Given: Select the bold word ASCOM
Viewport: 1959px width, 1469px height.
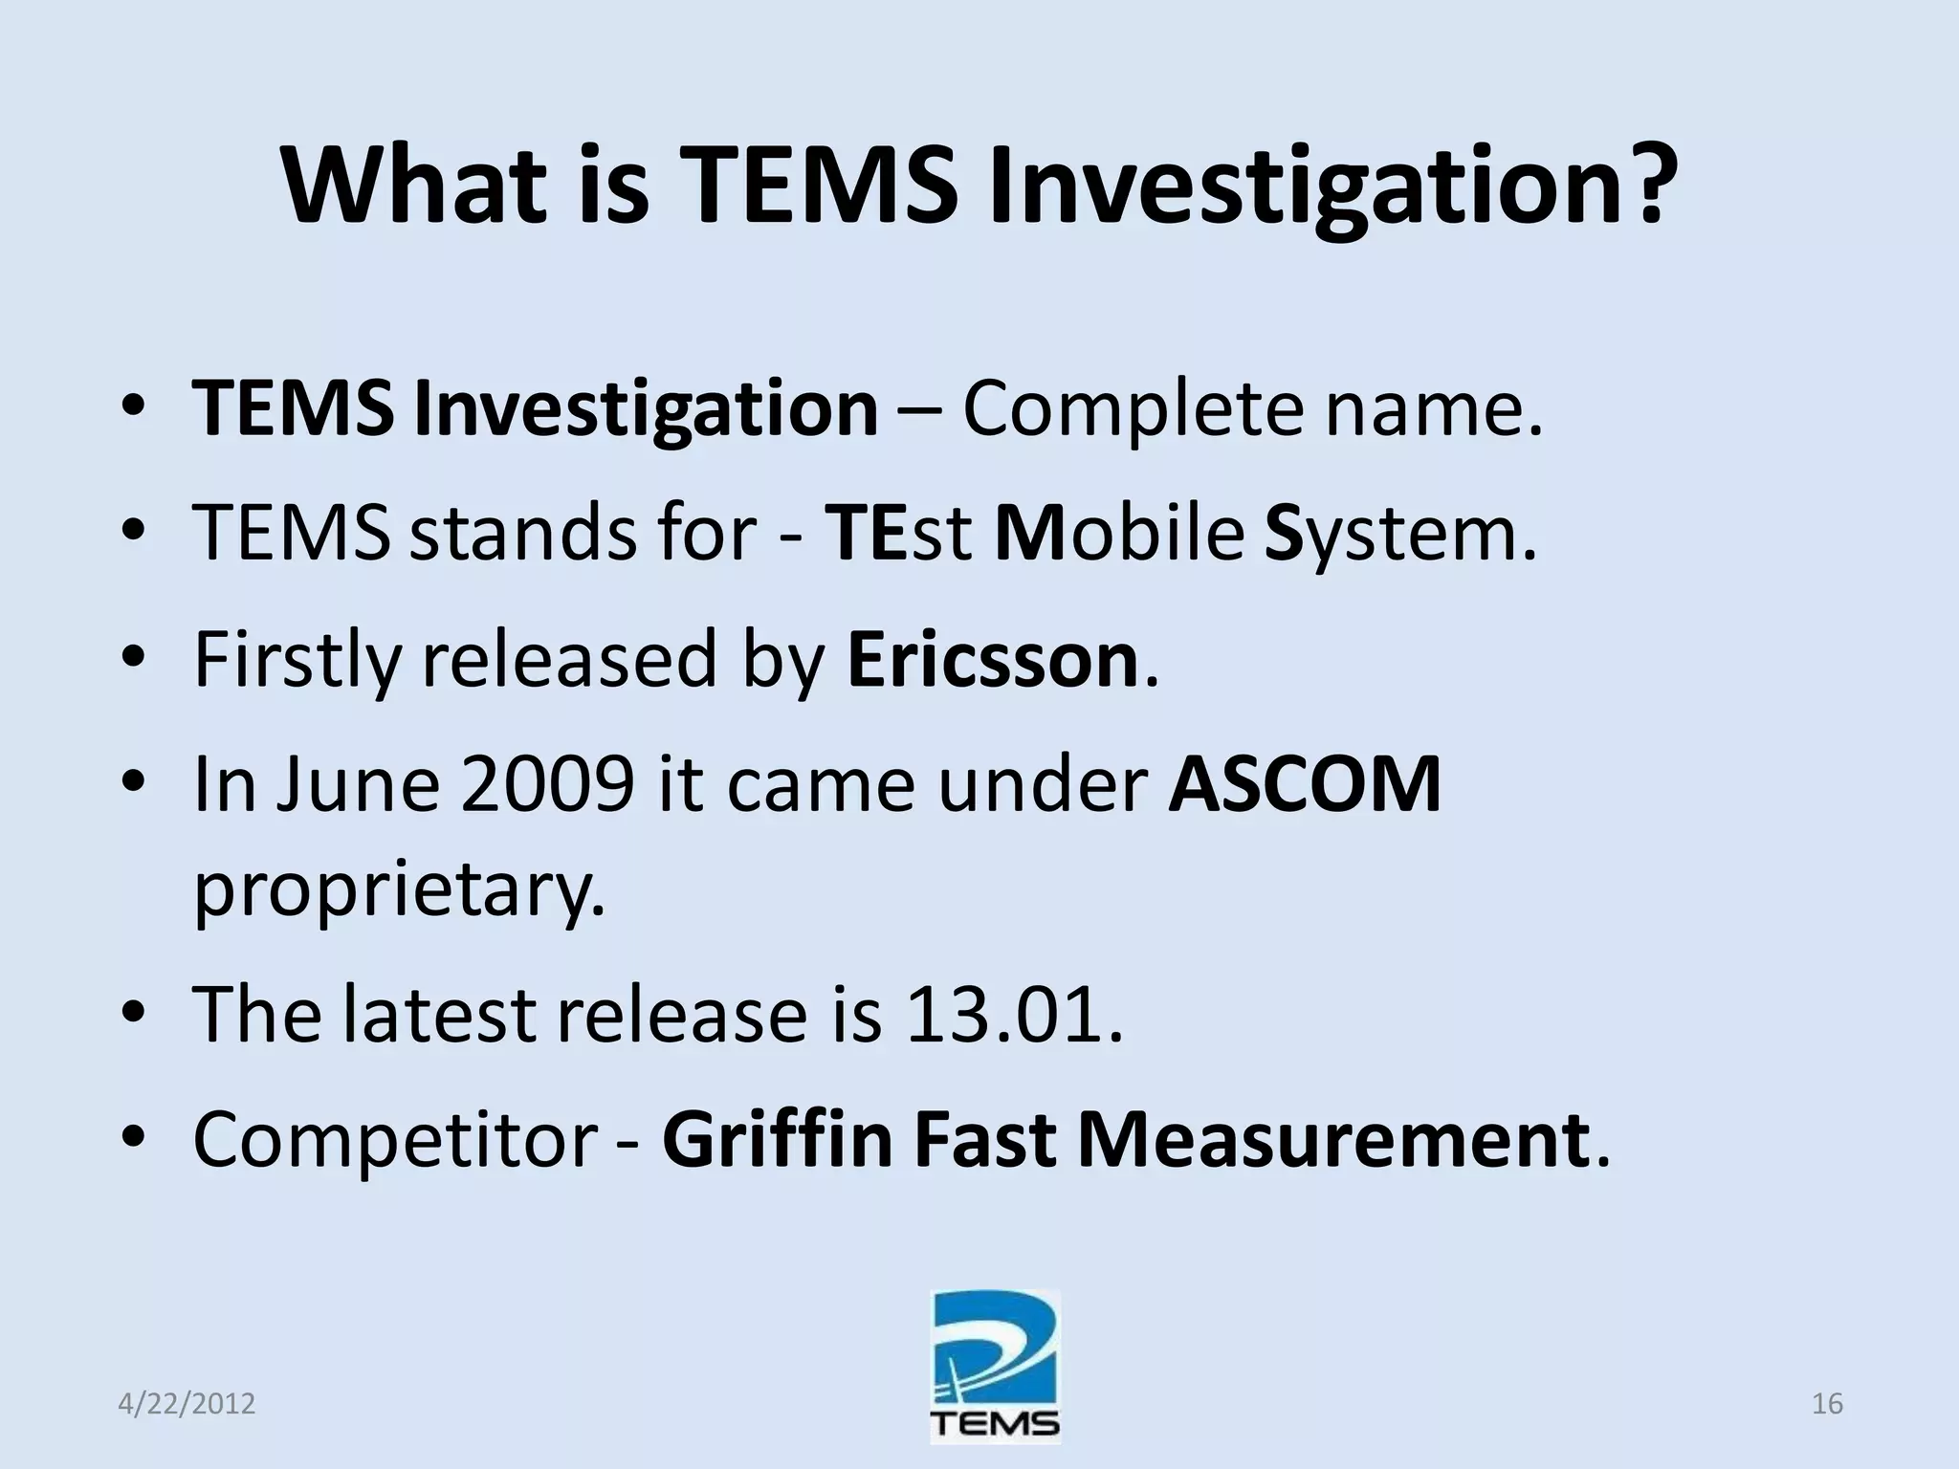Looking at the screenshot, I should [1305, 785].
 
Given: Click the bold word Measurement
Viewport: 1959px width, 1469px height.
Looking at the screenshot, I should [1333, 1140].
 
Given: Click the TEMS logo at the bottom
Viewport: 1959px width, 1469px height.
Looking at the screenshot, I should [995, 1368].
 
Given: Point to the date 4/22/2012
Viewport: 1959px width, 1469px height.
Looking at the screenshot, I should [187, 1404].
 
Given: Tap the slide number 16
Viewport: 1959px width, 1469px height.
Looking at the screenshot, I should [1827, 1404].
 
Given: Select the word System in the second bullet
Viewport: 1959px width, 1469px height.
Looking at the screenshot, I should [1400, 534].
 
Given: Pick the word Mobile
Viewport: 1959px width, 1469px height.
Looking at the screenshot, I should [1119, 534].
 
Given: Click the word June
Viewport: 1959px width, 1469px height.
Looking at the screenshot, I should [358, 785].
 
